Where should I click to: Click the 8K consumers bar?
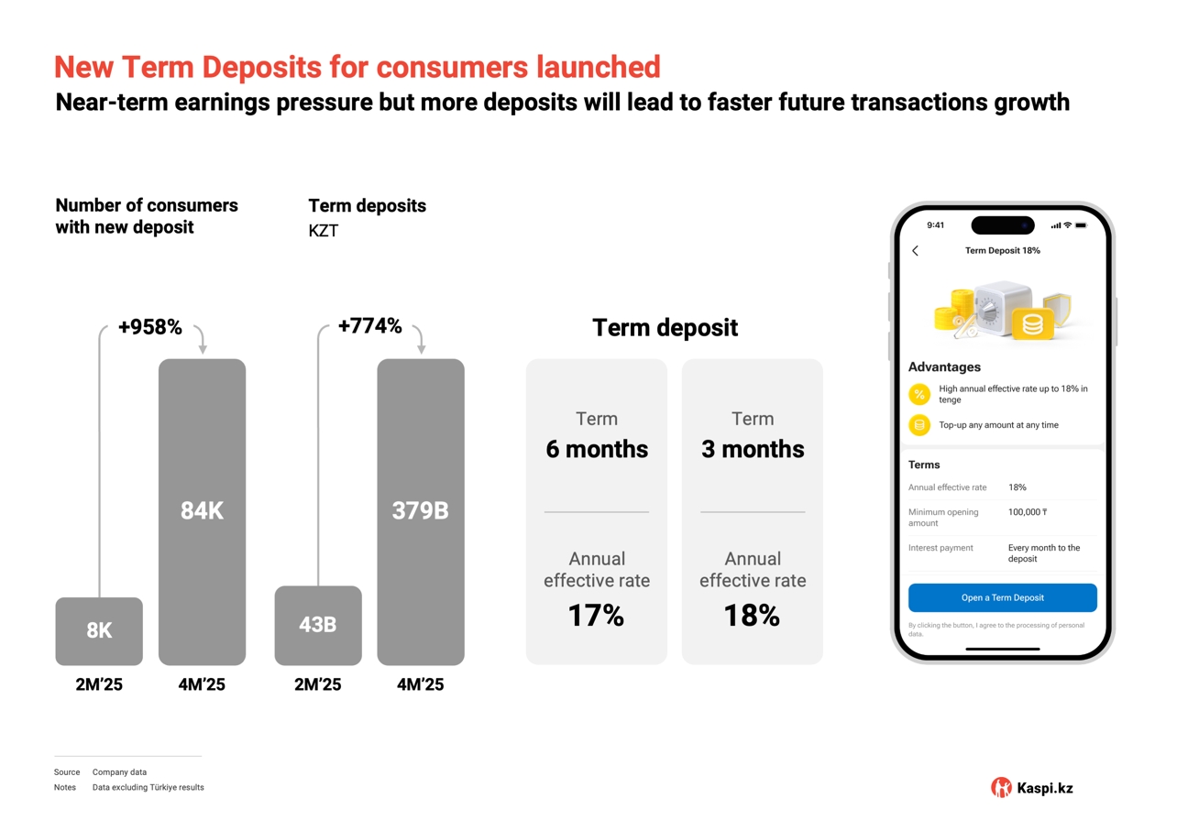click(99, 631)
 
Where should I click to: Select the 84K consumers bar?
click(202, 511)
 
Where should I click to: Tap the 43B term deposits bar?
click(318, 625)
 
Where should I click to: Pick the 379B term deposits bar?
click(421, 511)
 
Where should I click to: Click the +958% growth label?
click(150, 327)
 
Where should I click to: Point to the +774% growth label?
click(369, 326)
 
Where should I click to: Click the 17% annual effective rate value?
click(596, 616)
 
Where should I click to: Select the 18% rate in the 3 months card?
click(752, 616)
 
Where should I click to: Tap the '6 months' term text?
click(597, 449)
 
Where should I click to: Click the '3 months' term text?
click(753, 449)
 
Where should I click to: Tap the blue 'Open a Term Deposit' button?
click(1002, 597)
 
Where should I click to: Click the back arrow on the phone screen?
click(915, 250)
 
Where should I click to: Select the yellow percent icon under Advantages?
click(919, 394)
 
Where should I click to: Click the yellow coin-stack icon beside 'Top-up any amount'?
click(919, 425)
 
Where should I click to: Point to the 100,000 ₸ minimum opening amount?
click(1028, 512)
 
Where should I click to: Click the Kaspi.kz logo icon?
click(1001, 787)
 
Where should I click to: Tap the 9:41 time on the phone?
click(935, 225)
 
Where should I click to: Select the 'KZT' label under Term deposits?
click(324, 231)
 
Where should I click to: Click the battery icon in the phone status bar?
click(1081, 225)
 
